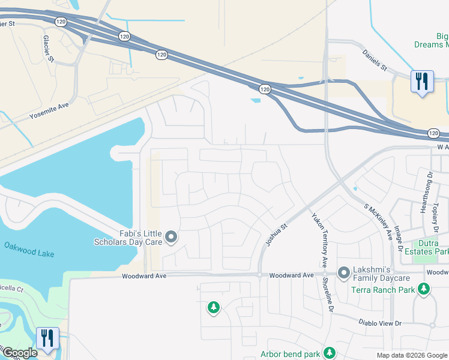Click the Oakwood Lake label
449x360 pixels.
pyautogui.click(x=29, y=250)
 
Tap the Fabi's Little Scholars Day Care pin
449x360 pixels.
pyautogui.click(x=171, y=238)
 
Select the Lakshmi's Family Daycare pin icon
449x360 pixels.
pyautogui.click(x=344, y=274)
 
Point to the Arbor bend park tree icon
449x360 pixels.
pyautogui.click(x=329, y=353)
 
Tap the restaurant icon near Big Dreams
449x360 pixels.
pyautogui.click(x=422, y=81)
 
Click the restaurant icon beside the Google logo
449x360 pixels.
pyautogui.click(x=47, y=337)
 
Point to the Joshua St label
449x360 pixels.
pyautogui.click(x=277, y=235)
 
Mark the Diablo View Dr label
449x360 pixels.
pyautogui.click(x=381, y=323)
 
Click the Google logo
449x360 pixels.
pyautogui.click(x=19, y=353)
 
